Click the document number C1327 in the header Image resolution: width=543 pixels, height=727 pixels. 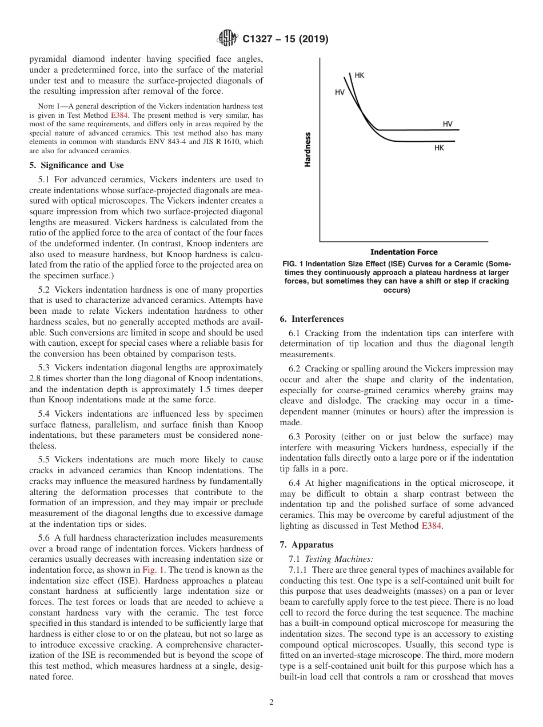point(260,39)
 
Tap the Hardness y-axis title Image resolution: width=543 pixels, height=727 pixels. point(308,149)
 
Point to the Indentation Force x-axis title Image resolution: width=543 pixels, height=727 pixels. point(404,252)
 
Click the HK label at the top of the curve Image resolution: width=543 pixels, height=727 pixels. point(360,75)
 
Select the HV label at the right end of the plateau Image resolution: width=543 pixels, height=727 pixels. point(448,124)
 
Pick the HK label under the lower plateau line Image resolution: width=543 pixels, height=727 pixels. point(439,147)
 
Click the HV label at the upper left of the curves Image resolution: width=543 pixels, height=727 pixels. point(340,91)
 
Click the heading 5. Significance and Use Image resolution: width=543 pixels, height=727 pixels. point(77,165)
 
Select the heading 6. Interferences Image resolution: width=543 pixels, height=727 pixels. point(312,318)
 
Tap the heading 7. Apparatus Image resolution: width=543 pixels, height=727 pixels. point(306,545)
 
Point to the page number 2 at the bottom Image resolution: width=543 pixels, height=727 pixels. point(271,702)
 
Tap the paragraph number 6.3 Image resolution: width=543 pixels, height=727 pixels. point(296,437)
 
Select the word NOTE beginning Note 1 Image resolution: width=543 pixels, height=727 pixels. point(46,106)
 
